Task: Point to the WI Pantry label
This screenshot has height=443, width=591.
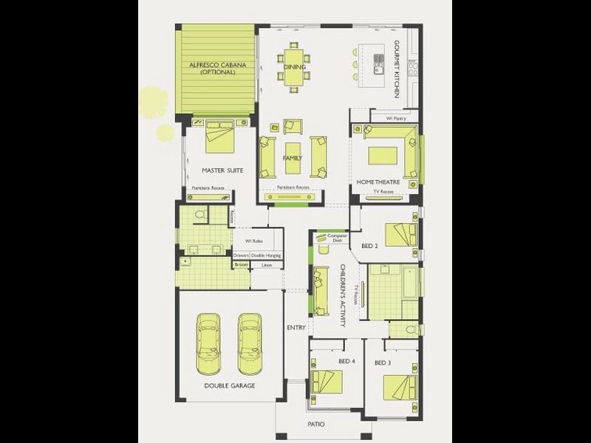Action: pyautogui.click(x=396, y=117)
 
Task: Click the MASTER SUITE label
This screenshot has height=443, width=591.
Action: pyautogui.click(x=222, y=170)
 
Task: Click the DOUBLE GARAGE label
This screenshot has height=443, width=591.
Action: pyautogui.click(x=230, y=385)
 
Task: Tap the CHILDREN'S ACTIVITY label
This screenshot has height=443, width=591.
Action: pyautogui.click(x=343, y=289)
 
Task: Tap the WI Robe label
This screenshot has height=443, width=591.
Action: pyautogui.click(x=254, y=241)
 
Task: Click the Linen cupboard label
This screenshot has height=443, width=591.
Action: pyautogui.click(x=267, y=264)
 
